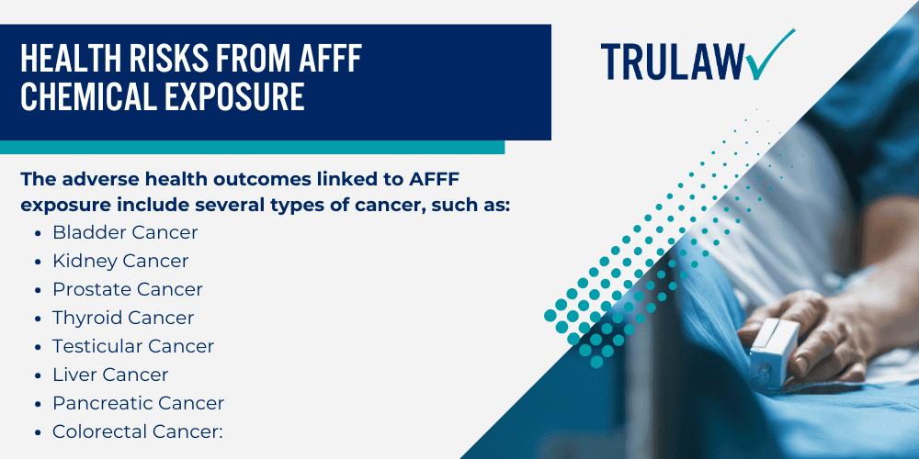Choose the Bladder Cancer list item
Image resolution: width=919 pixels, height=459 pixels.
125,232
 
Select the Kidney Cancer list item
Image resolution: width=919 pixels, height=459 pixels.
120,261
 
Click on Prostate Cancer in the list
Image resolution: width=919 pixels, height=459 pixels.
128,289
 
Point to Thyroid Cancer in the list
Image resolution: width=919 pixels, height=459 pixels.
123,318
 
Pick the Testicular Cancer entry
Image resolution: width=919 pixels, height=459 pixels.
133,346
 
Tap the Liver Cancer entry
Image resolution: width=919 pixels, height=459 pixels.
110,375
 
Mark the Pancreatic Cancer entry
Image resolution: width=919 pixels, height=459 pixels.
138,403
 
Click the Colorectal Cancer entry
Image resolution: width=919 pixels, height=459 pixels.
138,431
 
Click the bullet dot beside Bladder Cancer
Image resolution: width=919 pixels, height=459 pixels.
36,233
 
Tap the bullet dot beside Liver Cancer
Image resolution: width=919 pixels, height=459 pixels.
36,375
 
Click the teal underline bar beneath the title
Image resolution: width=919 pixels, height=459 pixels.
253,147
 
